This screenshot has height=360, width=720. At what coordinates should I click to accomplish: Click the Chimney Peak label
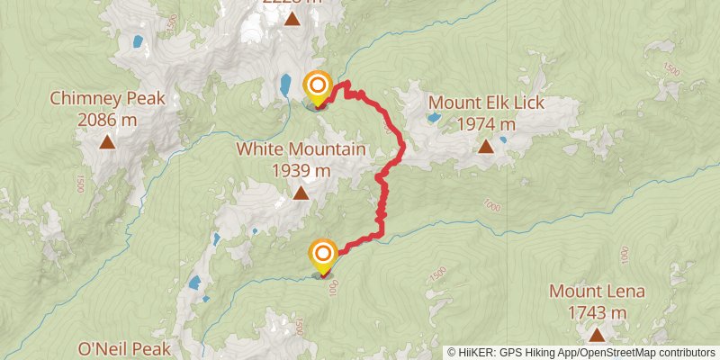[107, 98]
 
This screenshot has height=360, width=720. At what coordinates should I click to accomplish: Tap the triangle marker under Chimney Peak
[107, 141]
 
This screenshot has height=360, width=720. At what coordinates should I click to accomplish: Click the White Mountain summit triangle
[300, 193]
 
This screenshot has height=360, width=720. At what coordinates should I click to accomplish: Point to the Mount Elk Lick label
[486, 103]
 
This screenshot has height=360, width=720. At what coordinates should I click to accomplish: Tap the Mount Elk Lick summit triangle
[486, 146]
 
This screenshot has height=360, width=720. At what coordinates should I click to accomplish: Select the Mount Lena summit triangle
[597, 335]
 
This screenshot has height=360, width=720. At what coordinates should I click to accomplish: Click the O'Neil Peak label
[125, 348]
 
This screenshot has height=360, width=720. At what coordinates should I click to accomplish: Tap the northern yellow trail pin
[318, 86]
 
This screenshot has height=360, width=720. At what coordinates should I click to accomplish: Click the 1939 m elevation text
[300, 169]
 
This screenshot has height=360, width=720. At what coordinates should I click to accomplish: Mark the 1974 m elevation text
[486, 124]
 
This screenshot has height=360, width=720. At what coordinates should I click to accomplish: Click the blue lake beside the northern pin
[284, 85]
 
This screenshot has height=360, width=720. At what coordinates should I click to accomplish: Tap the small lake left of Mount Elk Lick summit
[434, 117]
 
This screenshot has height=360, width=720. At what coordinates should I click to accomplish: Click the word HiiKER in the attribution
[477, 352]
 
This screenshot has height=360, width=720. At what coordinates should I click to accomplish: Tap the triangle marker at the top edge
[291, 15]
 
